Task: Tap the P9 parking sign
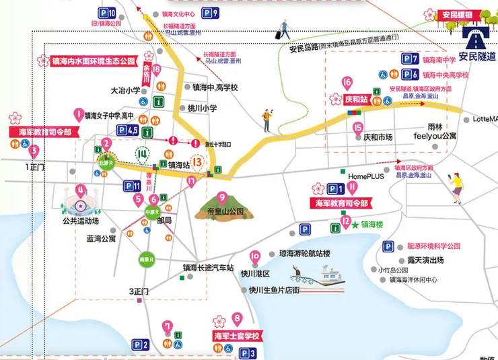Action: pyautogui.click(x=210, y=13)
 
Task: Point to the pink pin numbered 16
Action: pyautogui.click(x=347, y=84)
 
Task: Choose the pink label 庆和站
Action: pyautogui.click(x=354, y=98)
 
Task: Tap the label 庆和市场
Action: pyautogui.click(x=378, y=137)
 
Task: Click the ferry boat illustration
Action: pyautogui.click(x=320, y=276)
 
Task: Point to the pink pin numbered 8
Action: pyautogui.click(x=236, y=319)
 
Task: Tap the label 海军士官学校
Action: pyautogui.click(x=236, y=335)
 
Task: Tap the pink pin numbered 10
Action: pyautogui.click(x=255, y=256)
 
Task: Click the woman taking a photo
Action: pyautogui.click(x=456, y=185)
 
